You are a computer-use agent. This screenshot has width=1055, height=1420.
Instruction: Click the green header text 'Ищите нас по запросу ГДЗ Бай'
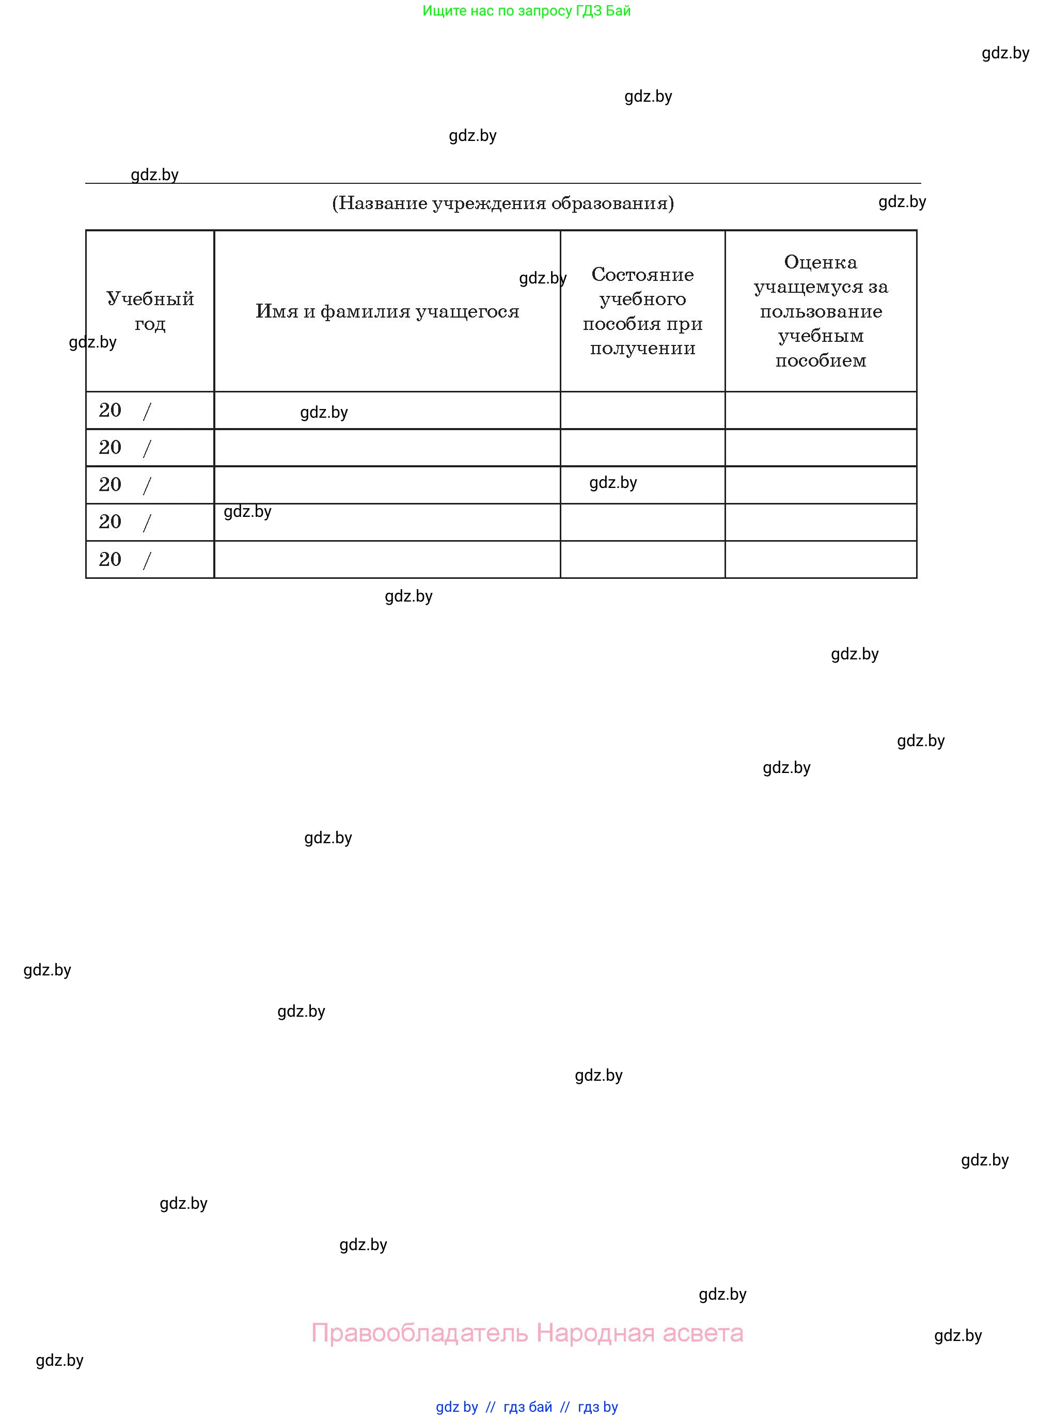[x=526, y=11]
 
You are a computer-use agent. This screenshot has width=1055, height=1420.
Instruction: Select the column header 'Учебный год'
[x=150, y=311]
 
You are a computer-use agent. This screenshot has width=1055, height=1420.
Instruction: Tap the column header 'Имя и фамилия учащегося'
[x=387, y=311]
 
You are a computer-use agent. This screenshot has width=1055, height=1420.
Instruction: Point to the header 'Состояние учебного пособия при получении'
[x=642, y=311]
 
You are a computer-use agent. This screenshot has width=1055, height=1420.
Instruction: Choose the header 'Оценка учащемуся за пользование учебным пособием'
[x=821, y=311]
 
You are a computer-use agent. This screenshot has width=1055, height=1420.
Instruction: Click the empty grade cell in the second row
[x=821, y=448]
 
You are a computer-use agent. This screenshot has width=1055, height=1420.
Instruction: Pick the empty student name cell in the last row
[x=387, y=559]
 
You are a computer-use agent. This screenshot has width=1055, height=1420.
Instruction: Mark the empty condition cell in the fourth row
[x=642, y=522]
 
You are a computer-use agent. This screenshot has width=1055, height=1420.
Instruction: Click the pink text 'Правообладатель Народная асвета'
[x=527, y=1333]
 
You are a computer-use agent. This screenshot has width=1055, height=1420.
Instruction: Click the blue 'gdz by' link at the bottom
[x=456, y=1407]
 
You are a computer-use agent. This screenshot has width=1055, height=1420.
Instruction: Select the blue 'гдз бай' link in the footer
[x=528, y=1407]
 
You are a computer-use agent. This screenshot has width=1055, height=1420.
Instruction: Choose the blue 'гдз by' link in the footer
[x=598, y=1407]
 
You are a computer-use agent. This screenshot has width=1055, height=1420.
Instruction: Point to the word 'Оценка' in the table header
[x=821, y=262]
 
